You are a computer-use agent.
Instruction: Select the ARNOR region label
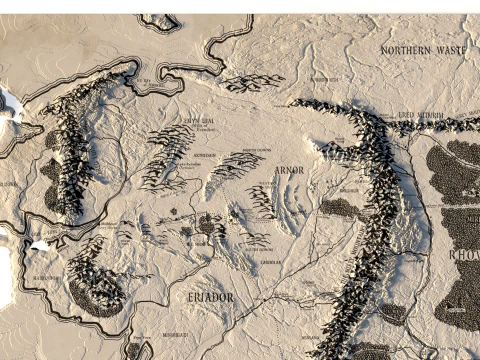[x=289, y=170]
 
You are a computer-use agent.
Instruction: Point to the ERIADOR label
[x=211, y=297]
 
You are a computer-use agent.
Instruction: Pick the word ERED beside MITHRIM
[x=406, y=116]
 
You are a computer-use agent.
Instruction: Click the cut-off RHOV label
[x=465, y=254]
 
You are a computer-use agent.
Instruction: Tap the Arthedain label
[x=204, y=157]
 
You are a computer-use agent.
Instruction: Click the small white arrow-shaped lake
[x=40, y=243]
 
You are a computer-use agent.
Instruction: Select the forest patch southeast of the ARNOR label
[x=338, y=208]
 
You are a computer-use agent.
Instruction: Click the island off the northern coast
[x=159, y=20]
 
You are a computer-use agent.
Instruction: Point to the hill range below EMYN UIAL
[x=170, y=155]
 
